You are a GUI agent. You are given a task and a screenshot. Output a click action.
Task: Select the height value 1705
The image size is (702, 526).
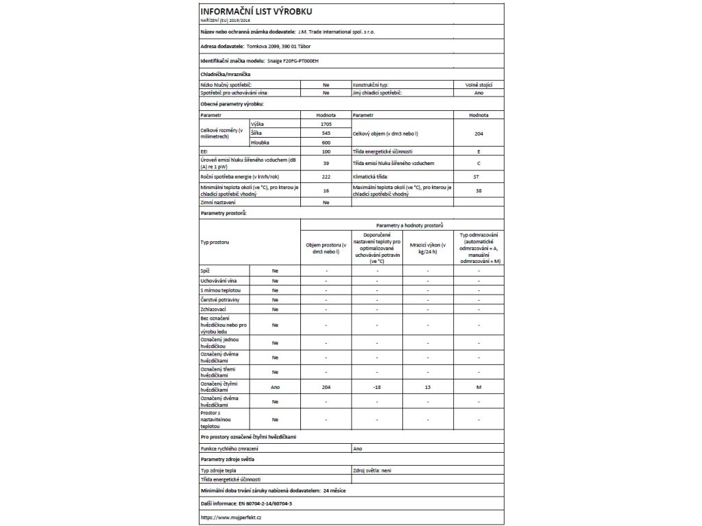(x=326, y=124)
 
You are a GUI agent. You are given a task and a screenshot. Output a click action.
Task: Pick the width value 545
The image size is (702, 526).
(x=326, y=133)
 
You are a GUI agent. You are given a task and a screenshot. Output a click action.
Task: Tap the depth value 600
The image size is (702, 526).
(x=326, y=142)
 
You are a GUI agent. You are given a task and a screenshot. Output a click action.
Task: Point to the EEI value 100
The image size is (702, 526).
(x=326, y=151)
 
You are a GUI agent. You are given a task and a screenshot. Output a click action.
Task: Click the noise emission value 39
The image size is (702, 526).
(x=326, y=164)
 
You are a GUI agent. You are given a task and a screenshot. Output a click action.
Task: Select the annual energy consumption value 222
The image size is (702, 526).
(x=326, y=177)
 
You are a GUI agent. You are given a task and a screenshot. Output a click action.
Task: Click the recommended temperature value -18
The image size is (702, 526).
(x=377, y=387)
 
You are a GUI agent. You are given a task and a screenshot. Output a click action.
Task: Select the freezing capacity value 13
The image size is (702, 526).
(x=428, y=387)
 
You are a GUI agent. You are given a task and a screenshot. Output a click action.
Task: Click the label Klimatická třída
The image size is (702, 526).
(x=371, y=177)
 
